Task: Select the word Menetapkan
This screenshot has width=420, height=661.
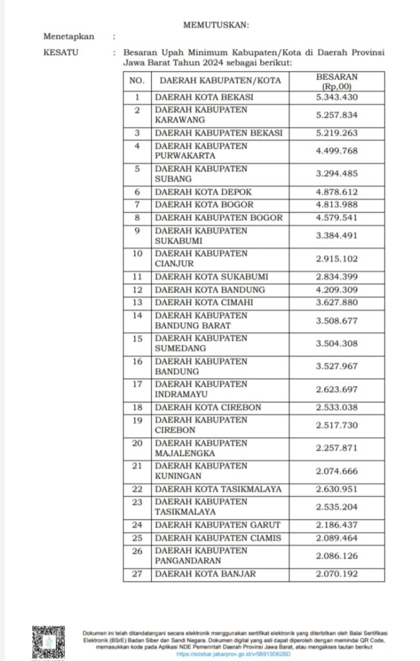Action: point(68,37)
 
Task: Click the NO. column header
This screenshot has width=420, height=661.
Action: point(136,81)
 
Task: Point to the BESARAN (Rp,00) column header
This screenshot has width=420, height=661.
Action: point(336,81)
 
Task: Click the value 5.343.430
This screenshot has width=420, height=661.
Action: point(336,97)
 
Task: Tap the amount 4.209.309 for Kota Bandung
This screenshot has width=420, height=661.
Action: point(336,290)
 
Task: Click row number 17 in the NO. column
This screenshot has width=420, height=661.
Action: point(137,384)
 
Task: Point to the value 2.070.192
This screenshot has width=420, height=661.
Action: point(336,575)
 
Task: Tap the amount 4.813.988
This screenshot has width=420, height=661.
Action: point(336,204)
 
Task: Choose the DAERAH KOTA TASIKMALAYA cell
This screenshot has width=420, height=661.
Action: point(218,489)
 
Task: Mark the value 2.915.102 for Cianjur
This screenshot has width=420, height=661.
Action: point(336,258)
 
